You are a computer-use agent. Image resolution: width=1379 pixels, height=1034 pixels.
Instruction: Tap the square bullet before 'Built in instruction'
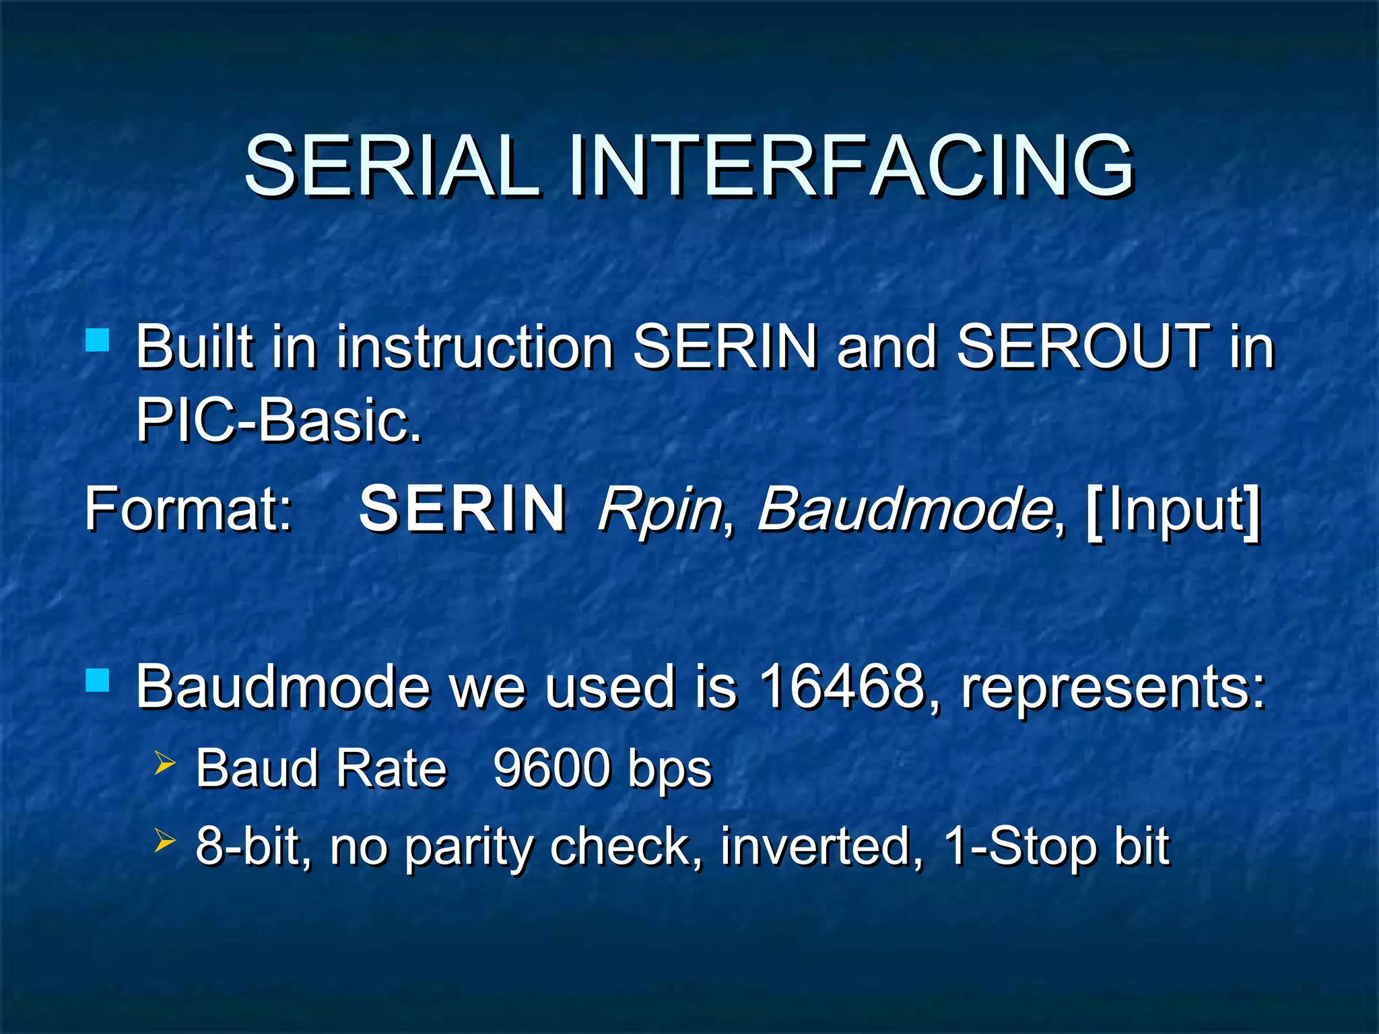pyautogui.click(x=98, y=340)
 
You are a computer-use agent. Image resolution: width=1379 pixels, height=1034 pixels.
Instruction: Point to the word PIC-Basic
pyautogui.click(x=279, y=420)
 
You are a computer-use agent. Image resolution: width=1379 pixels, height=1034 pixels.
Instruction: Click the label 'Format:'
pyautogui.click(x=189, y=510)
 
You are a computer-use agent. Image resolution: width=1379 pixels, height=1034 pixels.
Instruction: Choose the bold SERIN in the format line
pyautogui.click(x=463, y=510)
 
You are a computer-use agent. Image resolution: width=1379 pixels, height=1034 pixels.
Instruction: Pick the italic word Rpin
pyautogui.click(x=659, y=510)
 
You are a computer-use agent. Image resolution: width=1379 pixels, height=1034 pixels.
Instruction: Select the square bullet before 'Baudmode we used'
pyautogui.click(x=98, y=681)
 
